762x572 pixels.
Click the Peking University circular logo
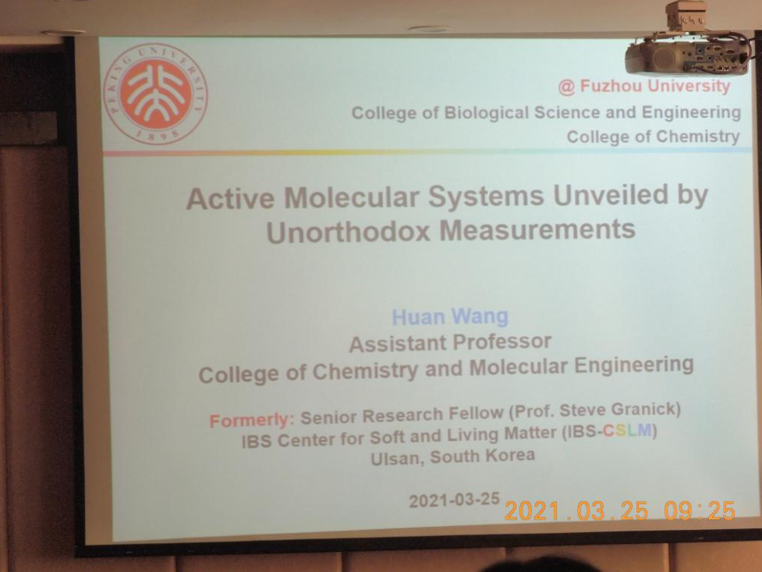[x=155, y=94]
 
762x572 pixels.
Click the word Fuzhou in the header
[x=611, y=86]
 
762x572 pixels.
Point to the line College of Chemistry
[x=653, y=137]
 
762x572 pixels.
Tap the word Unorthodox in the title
[x=349, y=232]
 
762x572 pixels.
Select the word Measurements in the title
[x=537, y=229]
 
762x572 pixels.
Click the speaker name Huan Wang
[x=450, y=317]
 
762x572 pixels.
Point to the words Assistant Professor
[x=450, y=343]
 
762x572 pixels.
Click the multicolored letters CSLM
[x=627, y=431]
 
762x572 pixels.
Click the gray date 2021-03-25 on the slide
[x=455, y=500]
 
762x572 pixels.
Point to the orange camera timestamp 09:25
[x=700, y=510]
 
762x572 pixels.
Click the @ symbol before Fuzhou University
[x=567, y=87]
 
